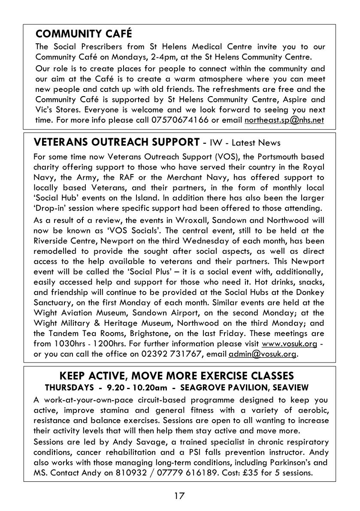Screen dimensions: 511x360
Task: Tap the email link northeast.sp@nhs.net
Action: pyautogui.click(x=284, y=121)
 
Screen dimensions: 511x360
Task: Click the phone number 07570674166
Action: pyautogui.click(x=180, y=121)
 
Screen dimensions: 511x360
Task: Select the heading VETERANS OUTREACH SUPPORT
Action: pyautogui.click(x=116, y=142)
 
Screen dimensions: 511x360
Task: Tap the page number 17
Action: pyautogui.click(x=179, y=496)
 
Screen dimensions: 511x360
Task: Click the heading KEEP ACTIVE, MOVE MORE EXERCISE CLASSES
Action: pyautogui.click(x=176, y=376)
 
